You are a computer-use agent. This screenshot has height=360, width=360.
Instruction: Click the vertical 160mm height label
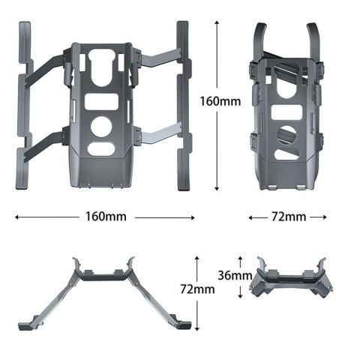[x=220, y=100]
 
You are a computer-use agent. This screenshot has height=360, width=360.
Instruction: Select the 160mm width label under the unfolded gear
[x=105, y=217]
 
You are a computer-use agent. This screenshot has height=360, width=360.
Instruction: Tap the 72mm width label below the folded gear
[x=288, y=217]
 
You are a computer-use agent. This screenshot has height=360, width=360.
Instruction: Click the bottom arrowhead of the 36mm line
[x=240, y=295]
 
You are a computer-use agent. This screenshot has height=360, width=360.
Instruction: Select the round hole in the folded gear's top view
[x=286, y=136]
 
